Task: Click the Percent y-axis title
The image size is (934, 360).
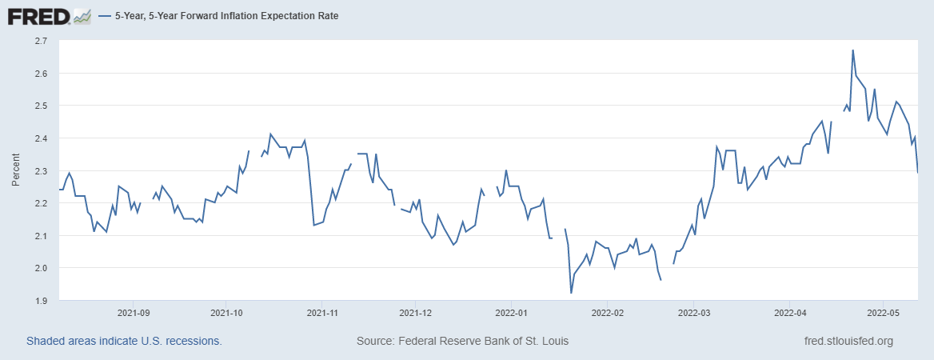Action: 15,170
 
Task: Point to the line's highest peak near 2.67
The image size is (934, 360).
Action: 853,50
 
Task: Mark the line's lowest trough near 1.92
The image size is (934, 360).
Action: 571,293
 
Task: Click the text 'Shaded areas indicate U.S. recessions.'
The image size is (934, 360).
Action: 124,341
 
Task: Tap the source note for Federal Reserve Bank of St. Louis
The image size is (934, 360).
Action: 462,341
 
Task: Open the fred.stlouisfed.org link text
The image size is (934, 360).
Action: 848,341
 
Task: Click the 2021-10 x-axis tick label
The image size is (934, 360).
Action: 226,312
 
